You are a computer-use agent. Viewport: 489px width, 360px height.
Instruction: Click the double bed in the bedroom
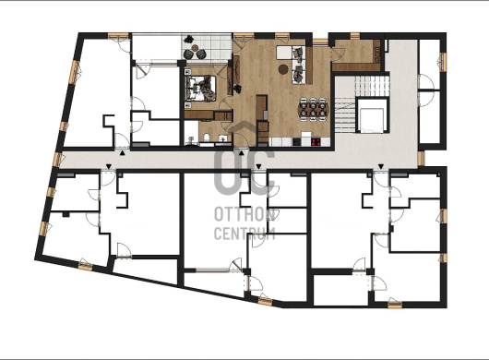point(200,89)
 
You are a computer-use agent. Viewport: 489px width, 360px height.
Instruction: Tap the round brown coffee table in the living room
point(283,69)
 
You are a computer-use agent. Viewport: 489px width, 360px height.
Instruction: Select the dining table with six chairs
point(313,109)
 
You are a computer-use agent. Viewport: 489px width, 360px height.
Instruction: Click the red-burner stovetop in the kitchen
point(316,142)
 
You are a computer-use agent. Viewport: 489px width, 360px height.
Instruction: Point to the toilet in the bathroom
point(206,138)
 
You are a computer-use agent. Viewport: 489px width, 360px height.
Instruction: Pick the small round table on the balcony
point(196,48)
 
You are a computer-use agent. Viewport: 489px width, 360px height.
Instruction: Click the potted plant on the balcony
point(188,40)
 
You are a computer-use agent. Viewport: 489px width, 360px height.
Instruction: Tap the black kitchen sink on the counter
point(296,142)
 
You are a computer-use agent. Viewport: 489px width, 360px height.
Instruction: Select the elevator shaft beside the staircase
point(371,115)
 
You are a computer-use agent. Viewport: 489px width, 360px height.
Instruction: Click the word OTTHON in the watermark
point(244,215)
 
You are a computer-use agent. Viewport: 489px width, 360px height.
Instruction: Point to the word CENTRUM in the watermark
point(244,233)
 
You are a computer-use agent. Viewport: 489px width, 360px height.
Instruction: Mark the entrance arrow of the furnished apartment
point(241,153)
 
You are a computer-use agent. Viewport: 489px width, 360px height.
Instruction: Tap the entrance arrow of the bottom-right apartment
point(381,166)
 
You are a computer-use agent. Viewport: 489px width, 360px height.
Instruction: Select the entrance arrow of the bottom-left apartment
point(108,166)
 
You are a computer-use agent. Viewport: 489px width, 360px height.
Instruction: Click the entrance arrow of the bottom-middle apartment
point(258,166)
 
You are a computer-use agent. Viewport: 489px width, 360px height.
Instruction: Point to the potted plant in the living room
point(238,89)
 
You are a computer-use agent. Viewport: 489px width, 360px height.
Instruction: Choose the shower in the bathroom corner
point(191,133)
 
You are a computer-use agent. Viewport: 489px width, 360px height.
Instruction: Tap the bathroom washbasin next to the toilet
point(223,138)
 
